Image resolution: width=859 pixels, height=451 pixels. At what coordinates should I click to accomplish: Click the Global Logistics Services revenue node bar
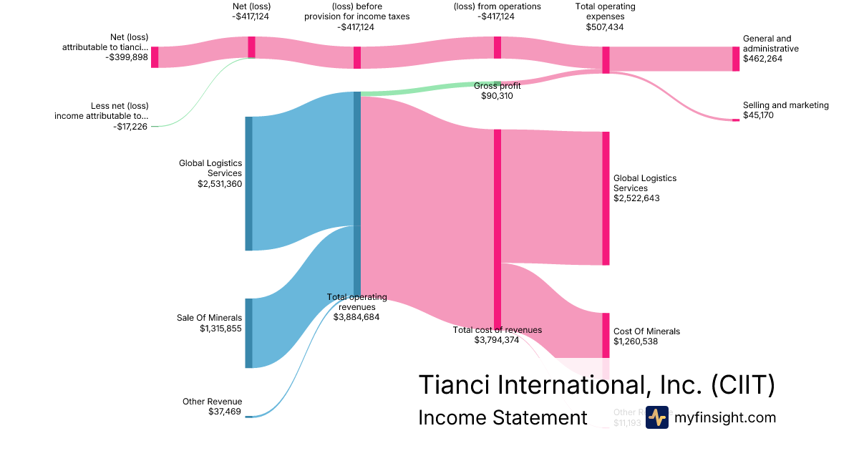[x=249, y=183]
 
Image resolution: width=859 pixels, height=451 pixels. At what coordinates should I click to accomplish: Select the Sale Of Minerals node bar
[x=249, y=333]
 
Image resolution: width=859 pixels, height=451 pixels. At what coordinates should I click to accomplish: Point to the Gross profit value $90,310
[x=497, y=96]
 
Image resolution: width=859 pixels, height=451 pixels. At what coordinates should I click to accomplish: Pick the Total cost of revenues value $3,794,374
[x=497, y=340]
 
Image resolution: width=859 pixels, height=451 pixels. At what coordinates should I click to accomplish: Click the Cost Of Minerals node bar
[x=606, y=335]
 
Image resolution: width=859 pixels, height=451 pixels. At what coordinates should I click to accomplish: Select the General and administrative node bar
[x=736, y=59]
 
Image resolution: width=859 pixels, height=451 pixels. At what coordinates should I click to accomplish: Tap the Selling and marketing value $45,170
[x=762, y=115]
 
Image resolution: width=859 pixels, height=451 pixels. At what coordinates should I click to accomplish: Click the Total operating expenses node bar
[x=606, y=59]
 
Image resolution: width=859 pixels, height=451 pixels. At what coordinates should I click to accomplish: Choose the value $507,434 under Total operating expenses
[x=605, y=27]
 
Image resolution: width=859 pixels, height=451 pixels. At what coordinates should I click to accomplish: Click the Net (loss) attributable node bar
[x=155, y=57]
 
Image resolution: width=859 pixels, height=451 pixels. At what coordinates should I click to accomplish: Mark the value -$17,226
[x=131, y=126]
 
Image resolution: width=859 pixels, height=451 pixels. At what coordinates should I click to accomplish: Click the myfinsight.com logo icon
[x=656, y=417]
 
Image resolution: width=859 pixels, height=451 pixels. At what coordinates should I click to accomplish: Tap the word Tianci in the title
[x=455, y=385]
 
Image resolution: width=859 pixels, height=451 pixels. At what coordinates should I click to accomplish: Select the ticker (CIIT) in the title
[x=743, y=385]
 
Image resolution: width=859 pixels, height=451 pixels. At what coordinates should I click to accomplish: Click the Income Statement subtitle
[x=503, y=418]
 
